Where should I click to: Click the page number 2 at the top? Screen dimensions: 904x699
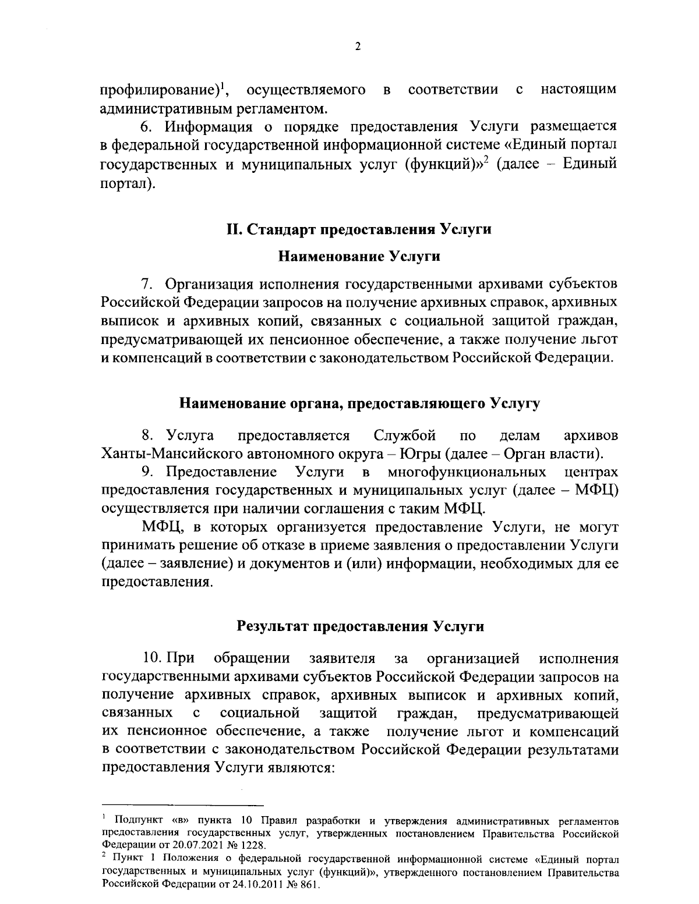[358, 47]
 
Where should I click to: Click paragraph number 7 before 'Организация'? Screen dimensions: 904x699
[147, 285]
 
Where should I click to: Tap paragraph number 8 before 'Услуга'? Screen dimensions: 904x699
[147, 435]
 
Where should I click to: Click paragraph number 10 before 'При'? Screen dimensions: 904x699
[153, 658]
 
